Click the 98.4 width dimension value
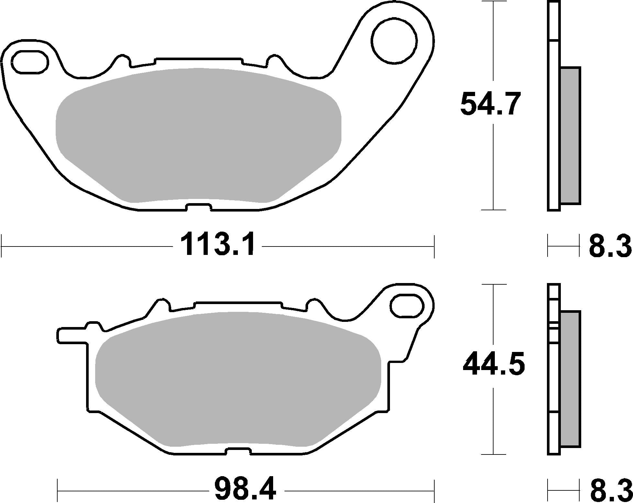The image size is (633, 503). click(246, 490)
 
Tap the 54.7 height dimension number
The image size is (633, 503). click(490, 104)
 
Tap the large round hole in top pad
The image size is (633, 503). click(394, 42)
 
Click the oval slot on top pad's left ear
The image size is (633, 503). click(29, 61)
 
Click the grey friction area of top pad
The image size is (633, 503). click(198, 136)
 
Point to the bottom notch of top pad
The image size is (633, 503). click(199, 207)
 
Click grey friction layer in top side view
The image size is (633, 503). click(570, 136)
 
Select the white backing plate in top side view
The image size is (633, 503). click(554, 129)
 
